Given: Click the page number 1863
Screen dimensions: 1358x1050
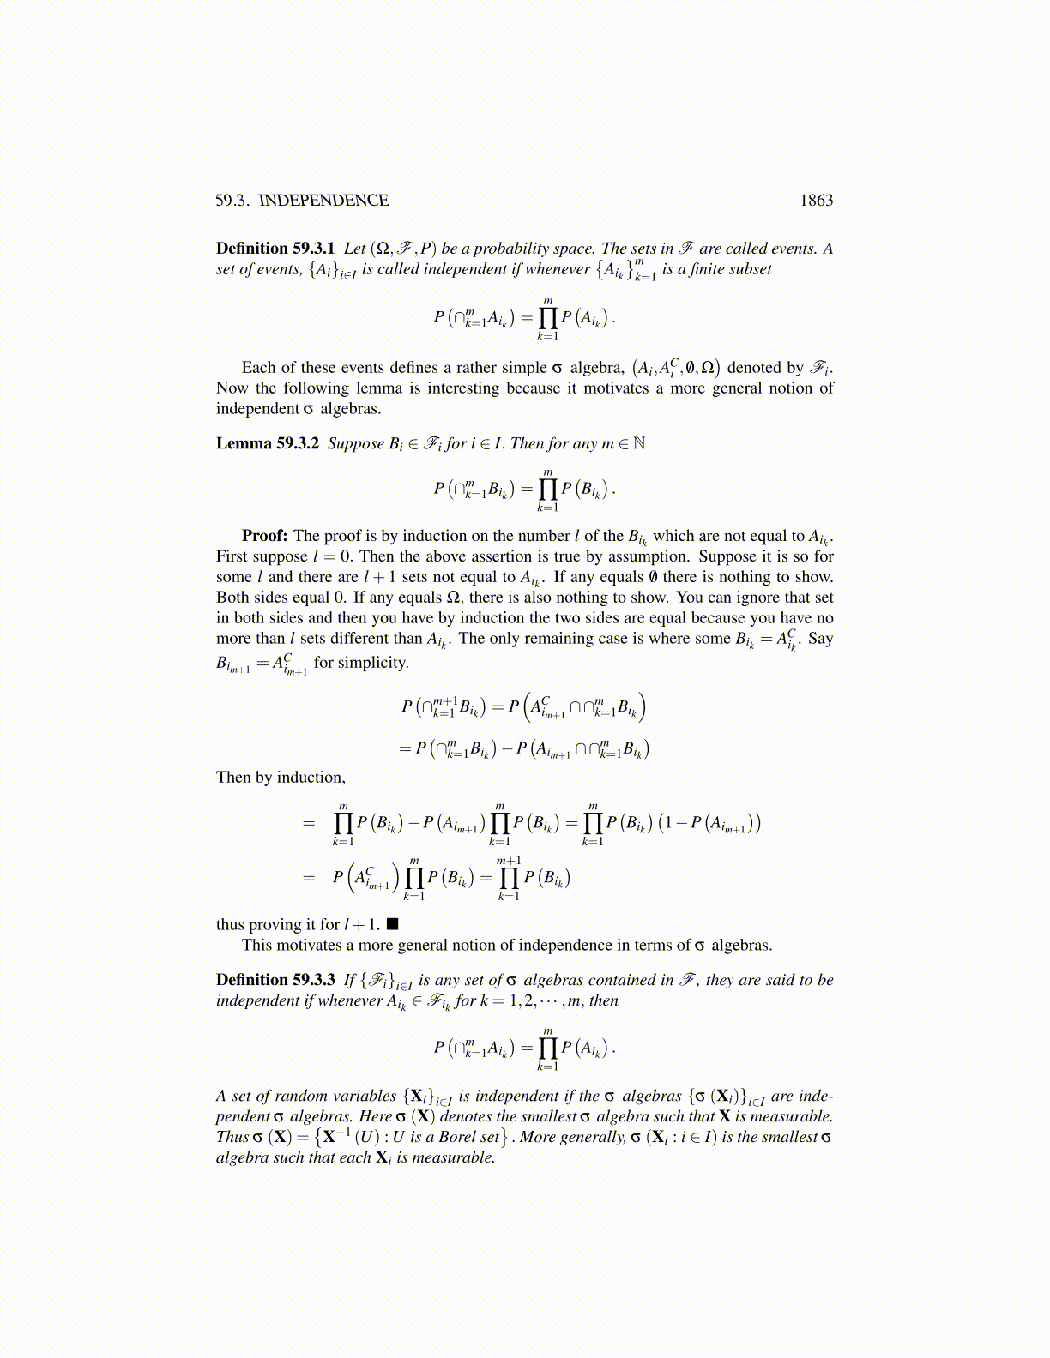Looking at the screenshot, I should [816, 201].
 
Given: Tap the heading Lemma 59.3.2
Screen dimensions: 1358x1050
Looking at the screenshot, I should [268, 443].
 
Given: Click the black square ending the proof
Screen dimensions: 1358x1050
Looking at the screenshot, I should [392, 924].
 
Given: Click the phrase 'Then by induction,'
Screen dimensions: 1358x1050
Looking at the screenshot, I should [281, 778].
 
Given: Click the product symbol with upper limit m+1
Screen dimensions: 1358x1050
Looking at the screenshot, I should [509, 878].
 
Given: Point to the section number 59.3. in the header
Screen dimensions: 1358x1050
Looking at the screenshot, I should [232, 201].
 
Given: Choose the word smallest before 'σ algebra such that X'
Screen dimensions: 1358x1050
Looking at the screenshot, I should [547, 1116].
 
